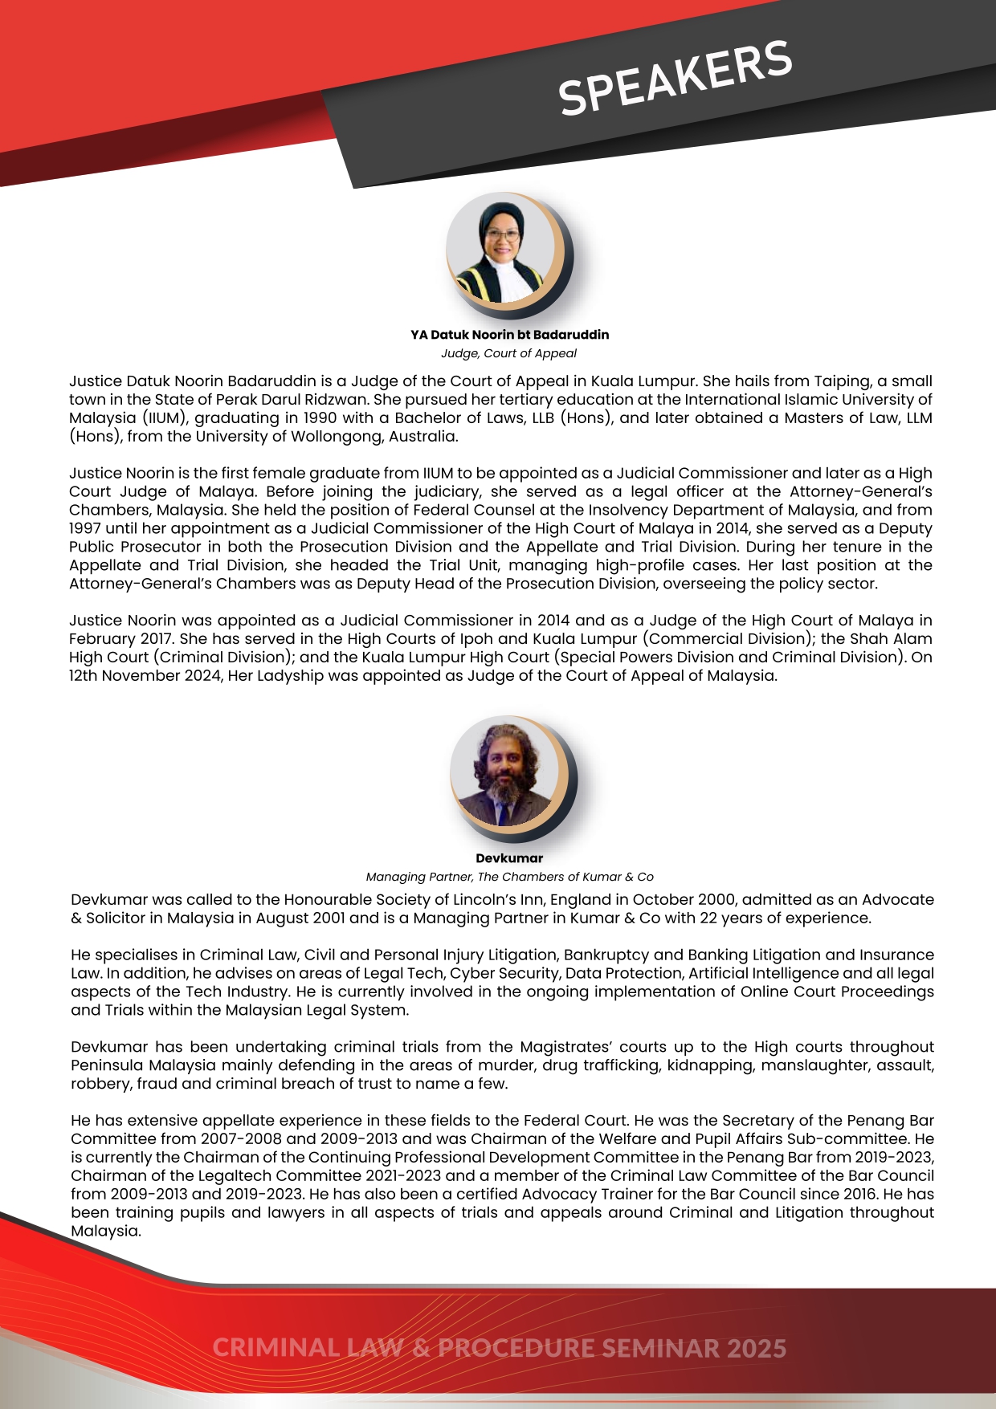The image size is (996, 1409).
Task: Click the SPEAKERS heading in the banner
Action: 676,78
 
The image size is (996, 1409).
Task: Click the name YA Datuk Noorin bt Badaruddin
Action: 509,335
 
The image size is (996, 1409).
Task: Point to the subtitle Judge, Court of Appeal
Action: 508,353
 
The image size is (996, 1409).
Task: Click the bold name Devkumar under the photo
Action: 509,858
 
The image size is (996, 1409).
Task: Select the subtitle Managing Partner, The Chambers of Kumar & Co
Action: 509,877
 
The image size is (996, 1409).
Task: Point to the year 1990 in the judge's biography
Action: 320,418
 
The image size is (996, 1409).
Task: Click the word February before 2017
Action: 102,639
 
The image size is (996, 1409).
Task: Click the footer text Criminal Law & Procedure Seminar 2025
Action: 499,1348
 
